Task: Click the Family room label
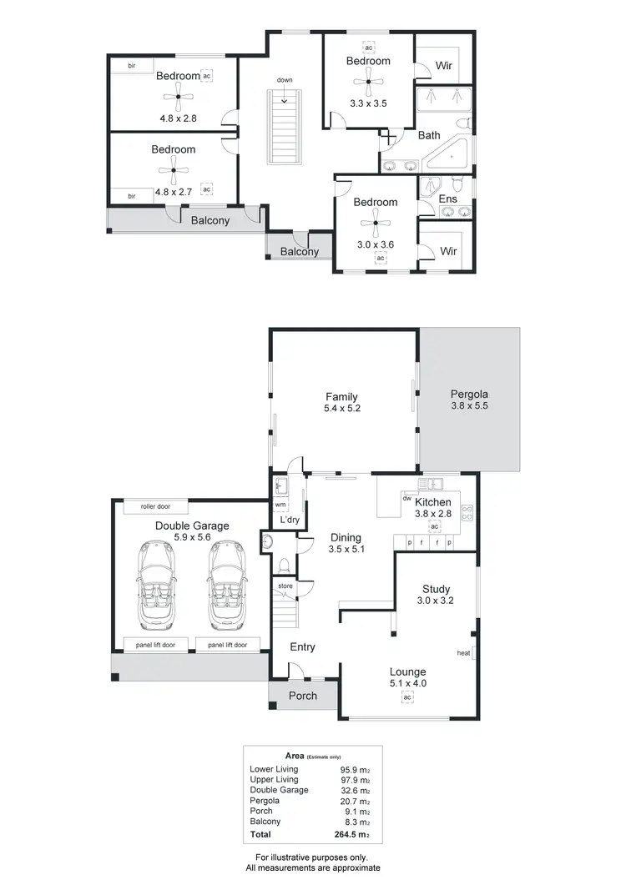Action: click(342, 397)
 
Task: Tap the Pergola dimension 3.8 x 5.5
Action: click(468, 408)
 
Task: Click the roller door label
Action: click(155, 506)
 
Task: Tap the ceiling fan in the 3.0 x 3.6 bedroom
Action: click(376, 222)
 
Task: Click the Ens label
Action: click(447, 200)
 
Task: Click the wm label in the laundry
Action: click(280, 505)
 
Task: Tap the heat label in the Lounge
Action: click(463, 653)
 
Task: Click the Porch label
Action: click(302, 696)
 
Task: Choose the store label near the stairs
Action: click(285, 586)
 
